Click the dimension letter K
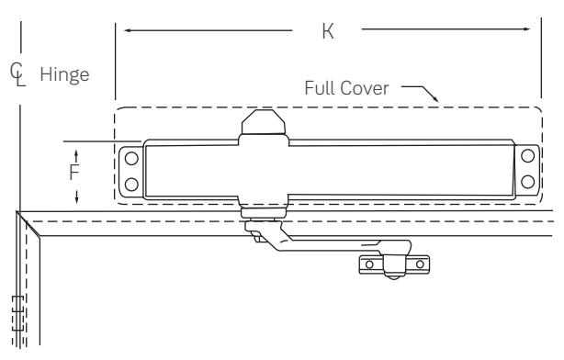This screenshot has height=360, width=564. click(x=328, y=31)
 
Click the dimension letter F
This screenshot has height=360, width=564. click(x=74, y=173)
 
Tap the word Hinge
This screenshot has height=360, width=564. click(x=64, y=75)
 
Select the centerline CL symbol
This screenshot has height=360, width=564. click(x=17, y=74)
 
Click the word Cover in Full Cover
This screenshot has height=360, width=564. click(x=365, y=88)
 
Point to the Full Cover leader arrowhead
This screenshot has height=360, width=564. click(x=435, y=98)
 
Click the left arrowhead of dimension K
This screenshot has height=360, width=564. click(x=127, y=30)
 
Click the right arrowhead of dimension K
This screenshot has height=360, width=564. click(x=527, y=29)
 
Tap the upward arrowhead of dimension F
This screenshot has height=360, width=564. click(x=76, y=153)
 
